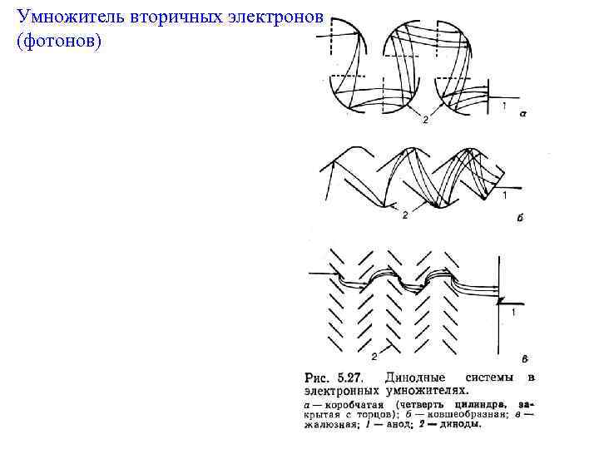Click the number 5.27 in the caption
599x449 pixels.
347,377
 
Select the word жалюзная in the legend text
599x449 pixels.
330,424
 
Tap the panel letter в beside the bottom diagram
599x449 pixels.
524,359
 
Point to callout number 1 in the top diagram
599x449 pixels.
503,105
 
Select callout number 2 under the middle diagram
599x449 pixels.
404,215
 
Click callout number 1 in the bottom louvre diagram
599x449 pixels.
513,313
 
